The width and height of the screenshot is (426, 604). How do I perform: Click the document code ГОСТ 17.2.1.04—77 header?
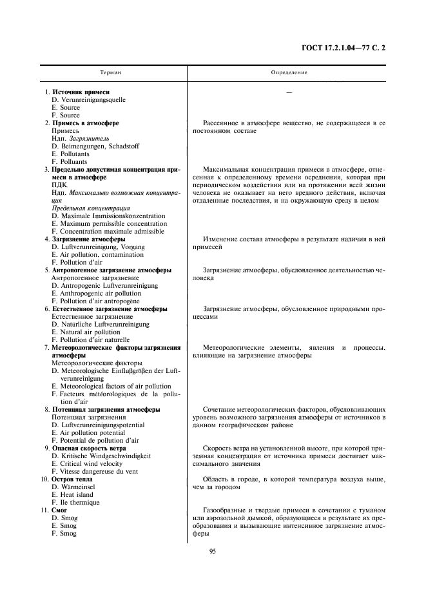tap(347, 47)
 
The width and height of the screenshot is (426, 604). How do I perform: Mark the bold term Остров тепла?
tap(71, 479)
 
